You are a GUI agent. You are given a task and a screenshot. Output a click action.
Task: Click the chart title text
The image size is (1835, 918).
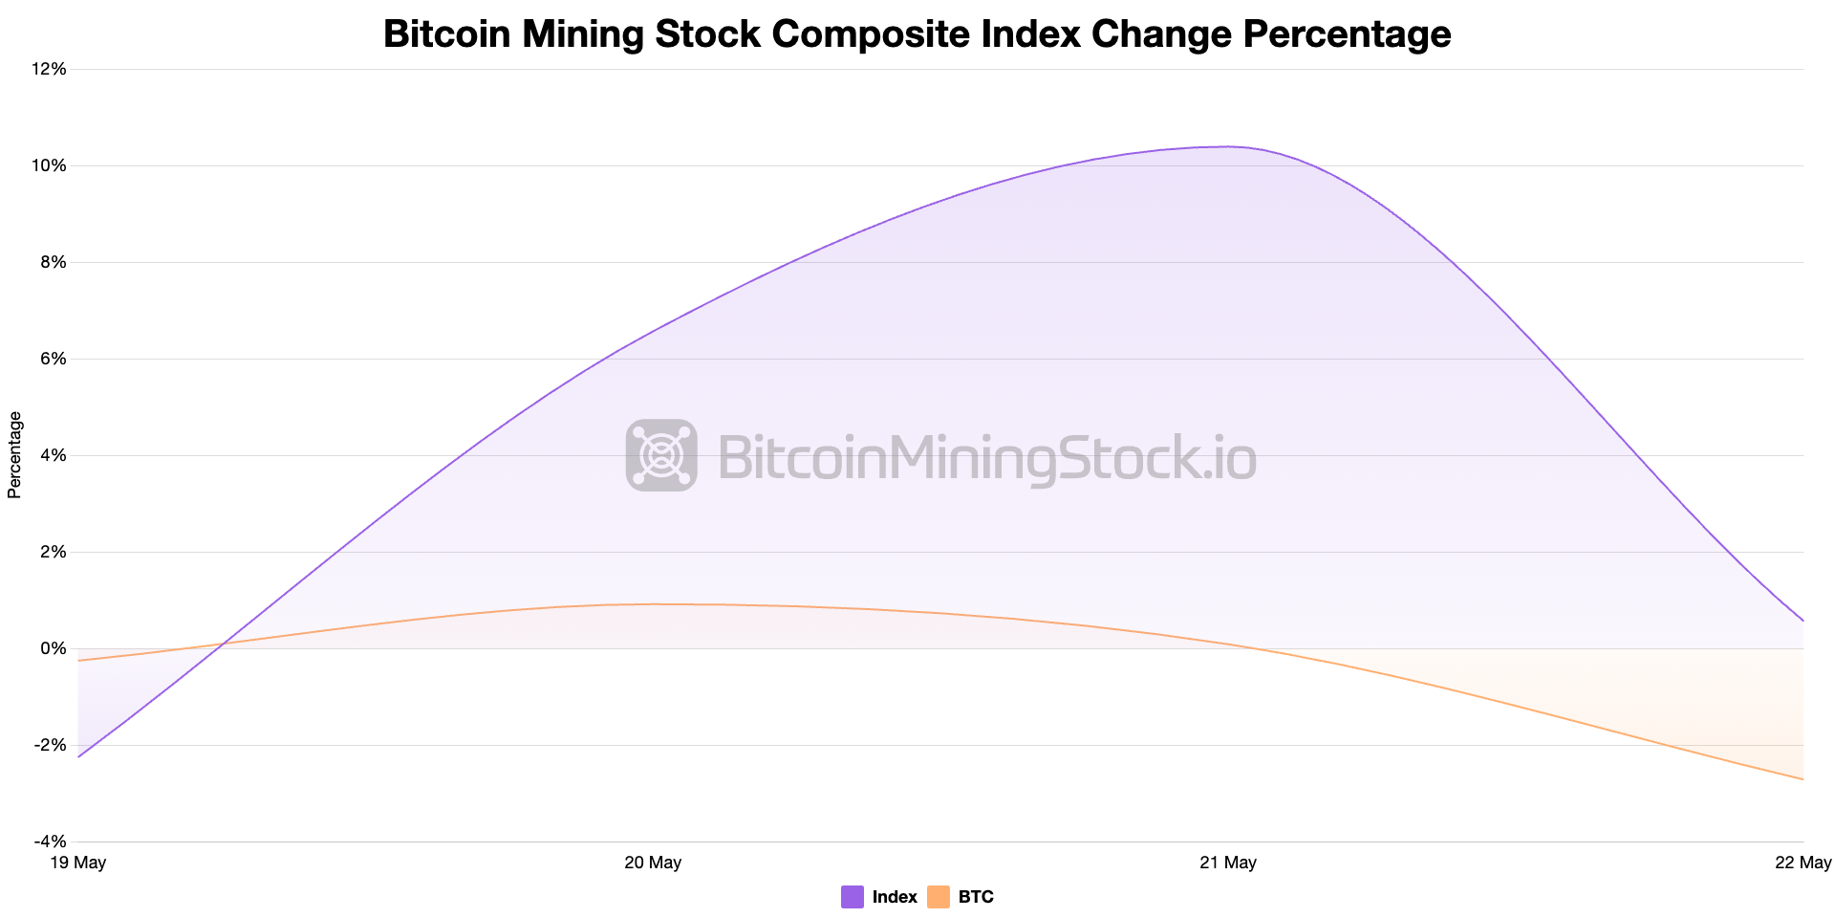coord(917,34)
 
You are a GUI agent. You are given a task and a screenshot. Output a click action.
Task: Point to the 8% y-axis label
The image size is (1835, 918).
coord(54,262)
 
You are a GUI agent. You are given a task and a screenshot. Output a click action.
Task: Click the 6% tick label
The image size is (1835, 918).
coord(54,359)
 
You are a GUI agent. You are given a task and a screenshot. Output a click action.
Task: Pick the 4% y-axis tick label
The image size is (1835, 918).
coord(54,455)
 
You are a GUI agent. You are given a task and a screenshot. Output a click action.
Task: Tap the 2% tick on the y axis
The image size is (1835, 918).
coord(54,552)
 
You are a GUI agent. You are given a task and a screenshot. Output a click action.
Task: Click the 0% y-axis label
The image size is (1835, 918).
coord(54,648)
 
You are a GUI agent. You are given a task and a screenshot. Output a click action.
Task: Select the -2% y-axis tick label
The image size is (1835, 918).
coord(51,745)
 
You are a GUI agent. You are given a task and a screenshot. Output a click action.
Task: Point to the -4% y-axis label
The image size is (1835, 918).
coord(51,841)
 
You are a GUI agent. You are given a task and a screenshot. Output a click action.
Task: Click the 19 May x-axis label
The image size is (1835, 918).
coord(77,863)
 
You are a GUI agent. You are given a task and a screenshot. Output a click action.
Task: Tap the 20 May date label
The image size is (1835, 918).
coord(653,863)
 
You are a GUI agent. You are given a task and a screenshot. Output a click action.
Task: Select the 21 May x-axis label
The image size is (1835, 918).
coord(1228,863)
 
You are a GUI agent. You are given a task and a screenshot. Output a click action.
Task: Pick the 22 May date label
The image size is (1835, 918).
coord(1803,863)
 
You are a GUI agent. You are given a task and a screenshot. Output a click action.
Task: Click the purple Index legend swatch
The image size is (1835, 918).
coord(853,897)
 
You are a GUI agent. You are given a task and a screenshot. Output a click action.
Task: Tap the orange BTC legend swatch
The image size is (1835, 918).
coord(939,897)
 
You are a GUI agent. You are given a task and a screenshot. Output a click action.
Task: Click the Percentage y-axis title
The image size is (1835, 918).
coord(14,455)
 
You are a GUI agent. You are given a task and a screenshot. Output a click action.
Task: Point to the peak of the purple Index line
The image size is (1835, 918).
coord(1228,146)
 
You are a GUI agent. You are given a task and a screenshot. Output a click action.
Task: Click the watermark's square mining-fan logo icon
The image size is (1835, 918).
coord(661,455)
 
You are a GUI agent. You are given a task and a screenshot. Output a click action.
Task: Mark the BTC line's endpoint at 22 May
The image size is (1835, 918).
coord(1803,779)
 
